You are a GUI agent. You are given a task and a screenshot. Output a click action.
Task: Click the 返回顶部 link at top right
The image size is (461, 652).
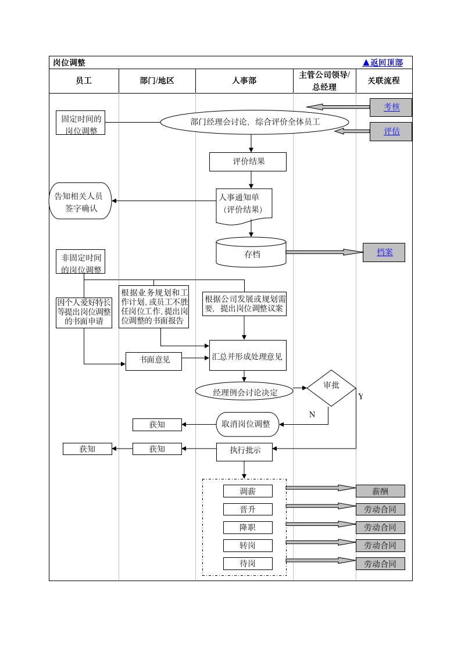pos(383,63)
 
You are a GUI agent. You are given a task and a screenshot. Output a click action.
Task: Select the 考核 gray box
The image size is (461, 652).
pos(391,107)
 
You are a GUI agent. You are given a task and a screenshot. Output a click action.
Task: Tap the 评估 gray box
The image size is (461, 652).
pos(391,131)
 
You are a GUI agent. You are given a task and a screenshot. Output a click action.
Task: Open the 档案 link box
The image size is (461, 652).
pos(384,252)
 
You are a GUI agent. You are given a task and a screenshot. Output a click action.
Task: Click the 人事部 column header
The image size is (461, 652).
pos(244,81)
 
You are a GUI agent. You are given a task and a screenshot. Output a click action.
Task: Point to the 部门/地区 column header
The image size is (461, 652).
pos(157,81)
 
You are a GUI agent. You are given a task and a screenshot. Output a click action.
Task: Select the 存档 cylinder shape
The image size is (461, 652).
pos(251,253)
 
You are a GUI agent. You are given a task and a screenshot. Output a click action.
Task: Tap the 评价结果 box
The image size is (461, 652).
pos(248,162)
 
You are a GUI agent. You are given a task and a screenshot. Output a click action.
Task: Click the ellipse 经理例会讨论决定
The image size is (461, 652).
pos(244,392)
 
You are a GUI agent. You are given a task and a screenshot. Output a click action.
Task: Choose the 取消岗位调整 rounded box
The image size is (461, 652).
pos(247,424)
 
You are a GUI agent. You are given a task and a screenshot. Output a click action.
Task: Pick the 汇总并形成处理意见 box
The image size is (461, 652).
pos(248,356)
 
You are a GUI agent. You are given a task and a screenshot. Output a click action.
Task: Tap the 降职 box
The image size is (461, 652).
pos(248,528)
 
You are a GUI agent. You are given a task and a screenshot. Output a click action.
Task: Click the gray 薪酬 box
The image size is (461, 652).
pos(380,491)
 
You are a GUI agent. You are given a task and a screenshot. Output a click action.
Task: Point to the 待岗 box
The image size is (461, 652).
pos(248,564)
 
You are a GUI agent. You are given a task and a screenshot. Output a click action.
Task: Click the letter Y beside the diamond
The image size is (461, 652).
pos(360,397)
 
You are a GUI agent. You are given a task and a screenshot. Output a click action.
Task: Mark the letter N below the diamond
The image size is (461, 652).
pos(312,414)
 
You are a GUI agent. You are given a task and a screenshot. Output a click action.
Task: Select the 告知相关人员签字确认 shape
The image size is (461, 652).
pos(80,201)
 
